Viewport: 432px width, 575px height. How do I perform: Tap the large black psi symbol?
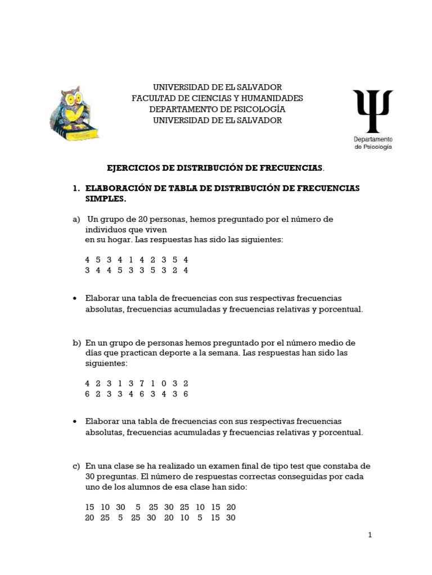pyautogui.click(x=372, y=111)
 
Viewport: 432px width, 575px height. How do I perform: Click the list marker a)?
pyautogui.click(x=76, y=219)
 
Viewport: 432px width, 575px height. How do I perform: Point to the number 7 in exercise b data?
pyautogui.click(x=142, y=384)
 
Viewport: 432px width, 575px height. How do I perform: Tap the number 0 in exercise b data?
pyautogui.click(x=164, y=384)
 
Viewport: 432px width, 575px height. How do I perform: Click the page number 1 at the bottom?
pyautogui.click(x=370, y=535)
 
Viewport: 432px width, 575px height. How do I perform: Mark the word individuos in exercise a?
pyautogui.click(x=106, y=229)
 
